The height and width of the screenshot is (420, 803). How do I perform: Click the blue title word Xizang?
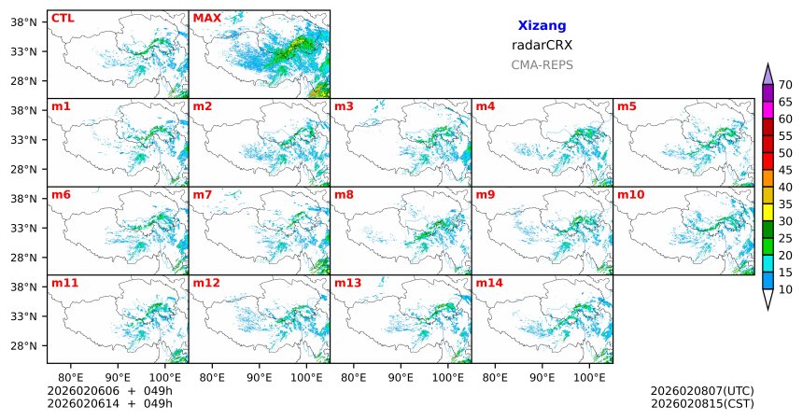pyautogui.click(x=542, y=26)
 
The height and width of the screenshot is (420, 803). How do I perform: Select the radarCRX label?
pyautogui.click(x=542, y=45)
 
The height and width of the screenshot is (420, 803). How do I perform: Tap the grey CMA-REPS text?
pyautogui.click(x=542, y=65)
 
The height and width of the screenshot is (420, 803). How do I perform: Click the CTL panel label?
pyautogui.click(x=63, y=18)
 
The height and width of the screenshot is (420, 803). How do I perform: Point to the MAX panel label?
pyautogui.click(x=206, y=18)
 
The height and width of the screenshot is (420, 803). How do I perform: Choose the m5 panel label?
pyautogui.click(x=627, y=106)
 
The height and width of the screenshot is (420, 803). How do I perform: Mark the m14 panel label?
pyautogui.click(x=488, y=283)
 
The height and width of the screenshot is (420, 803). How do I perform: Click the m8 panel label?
pyautogui.click(x=344, y=195)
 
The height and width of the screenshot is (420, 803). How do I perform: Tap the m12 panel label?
pyautogui.click(x=205, y=283)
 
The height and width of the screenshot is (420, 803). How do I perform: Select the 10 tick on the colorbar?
pyautogui.click(x=786, y=290)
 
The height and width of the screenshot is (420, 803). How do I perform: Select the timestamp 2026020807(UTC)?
pyautogui.click(x=702, y=390)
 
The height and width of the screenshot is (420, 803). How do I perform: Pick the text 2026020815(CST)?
pyautogui.click(x=702, y=403)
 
